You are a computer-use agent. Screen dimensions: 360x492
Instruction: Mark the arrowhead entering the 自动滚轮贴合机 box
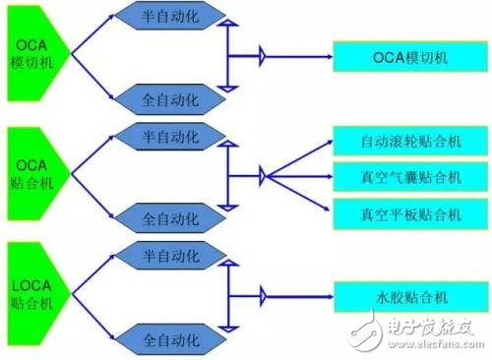click(x=329, y=142)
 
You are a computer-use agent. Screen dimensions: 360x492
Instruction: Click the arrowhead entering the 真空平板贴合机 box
click(x=329, y=210)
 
